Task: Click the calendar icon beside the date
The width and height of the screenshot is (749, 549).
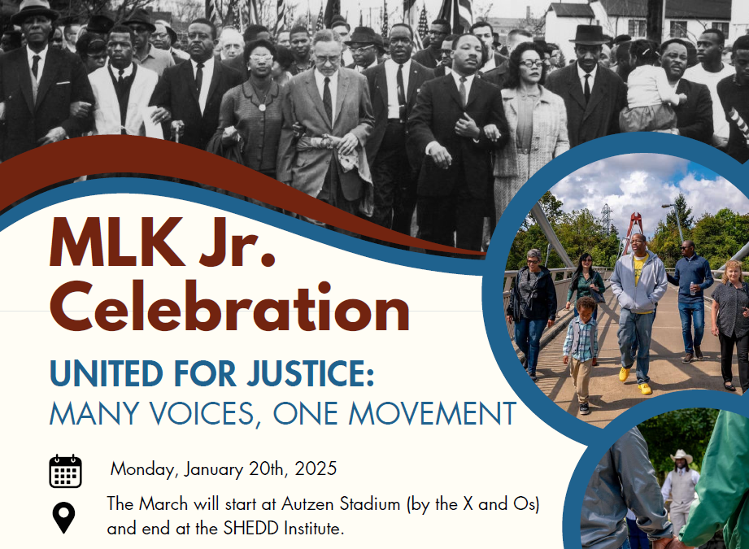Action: point(65,471)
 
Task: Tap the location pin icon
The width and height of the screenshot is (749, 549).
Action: point(63,517)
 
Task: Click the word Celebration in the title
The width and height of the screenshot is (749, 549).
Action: point(229,307)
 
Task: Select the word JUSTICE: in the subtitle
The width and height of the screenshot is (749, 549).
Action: point(311,373)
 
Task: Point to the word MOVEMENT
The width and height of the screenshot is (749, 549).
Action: point(433,413)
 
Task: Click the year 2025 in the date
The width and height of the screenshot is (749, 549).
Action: point(316,468)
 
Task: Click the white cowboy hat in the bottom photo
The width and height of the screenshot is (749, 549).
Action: point(682,455)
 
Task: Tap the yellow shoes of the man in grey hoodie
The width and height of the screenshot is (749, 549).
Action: point(635,381)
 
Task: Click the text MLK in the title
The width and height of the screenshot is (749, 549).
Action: point(117,242)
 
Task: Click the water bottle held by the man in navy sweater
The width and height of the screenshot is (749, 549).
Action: point(692,288)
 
